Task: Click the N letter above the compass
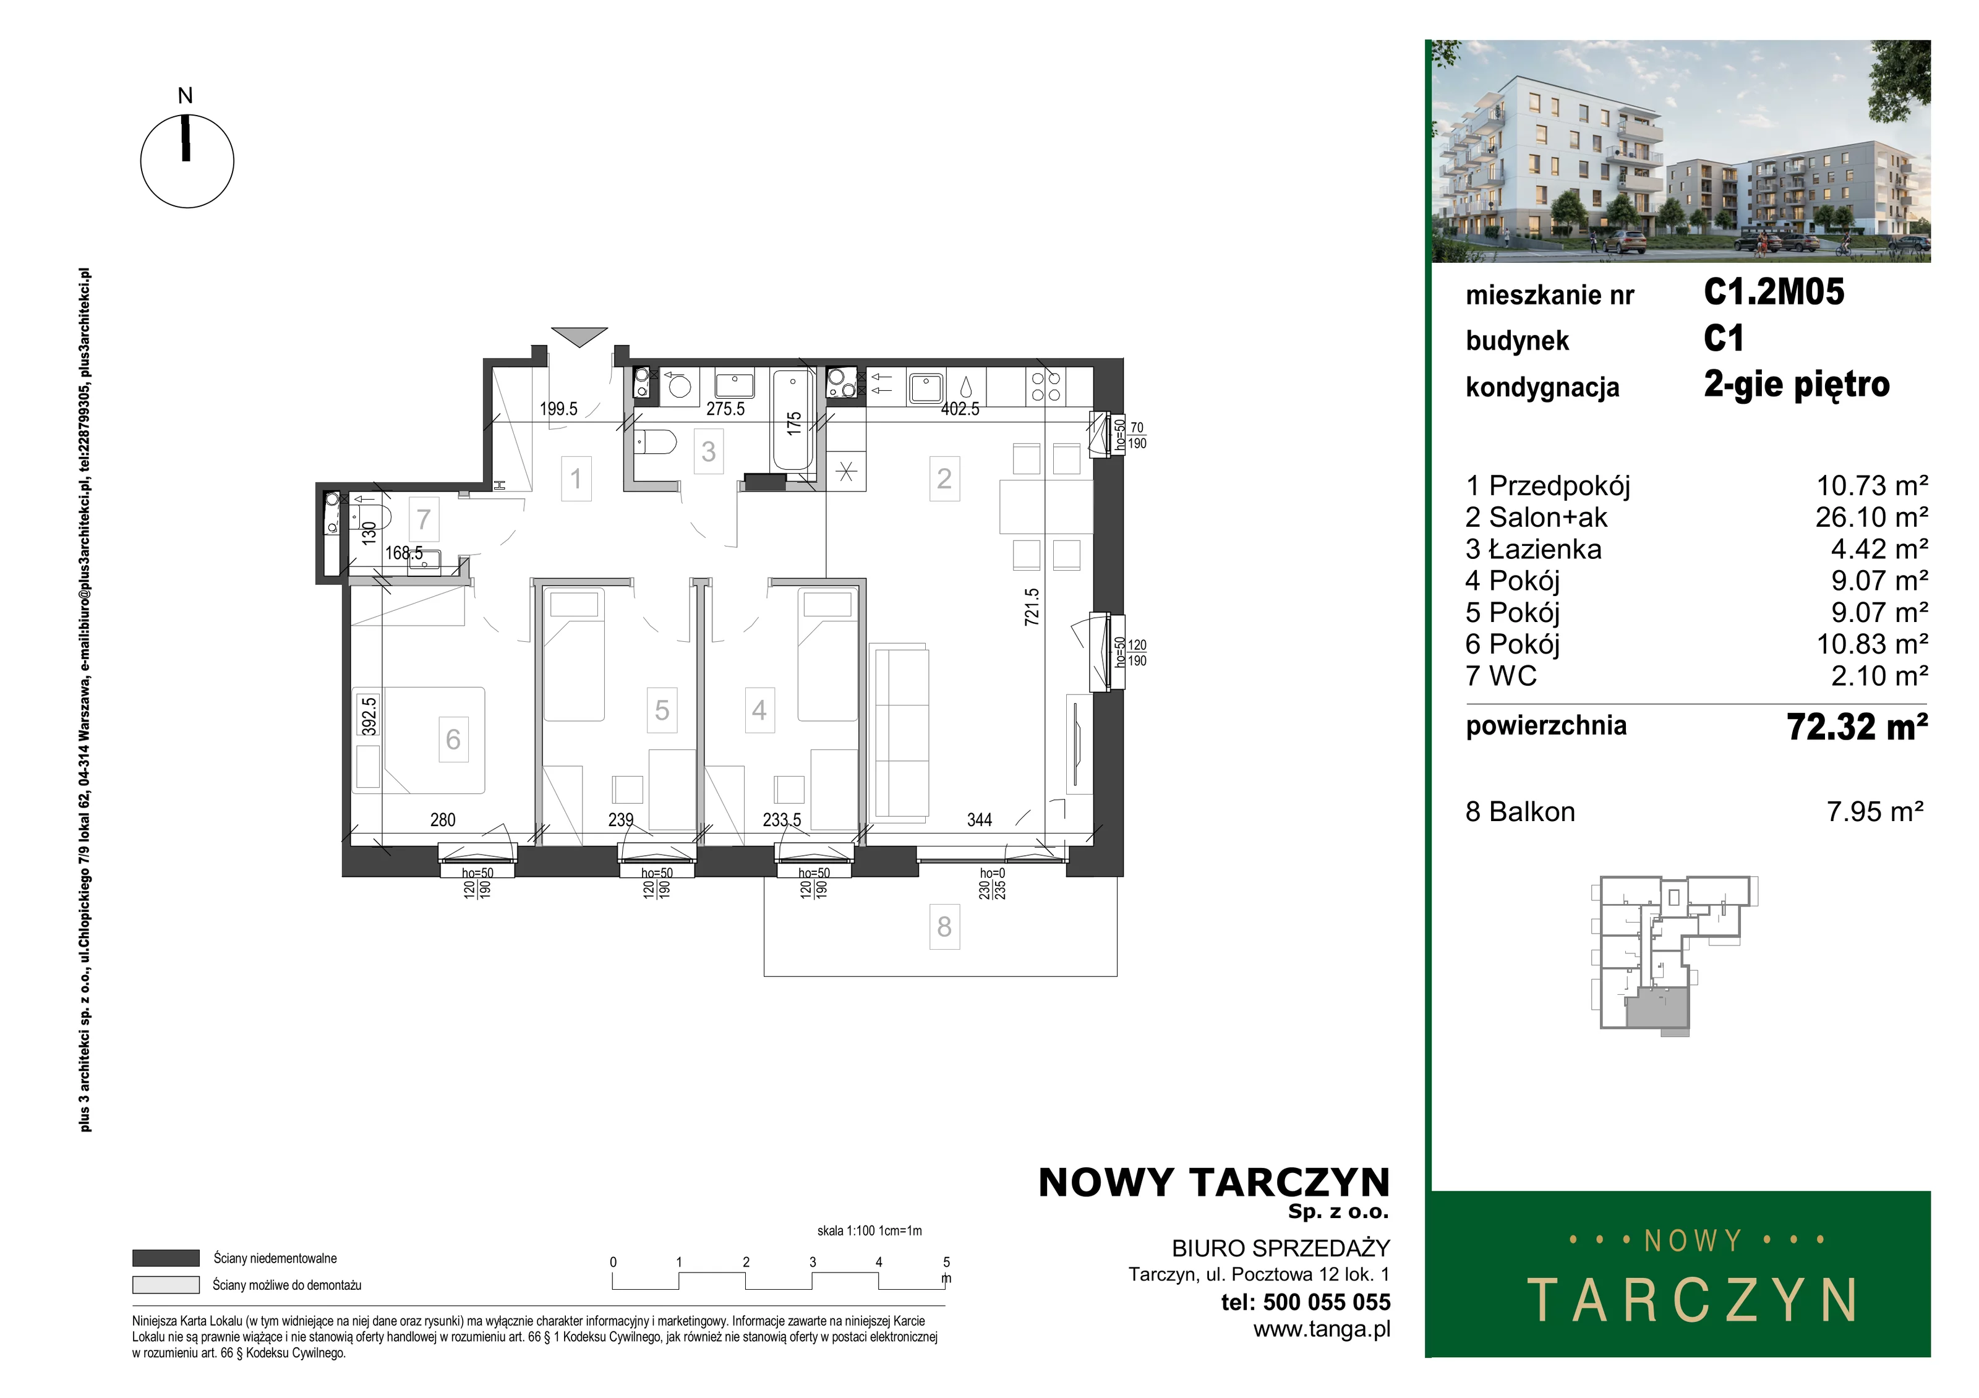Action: (x=186, y=96)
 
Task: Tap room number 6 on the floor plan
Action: (x=453, y=739)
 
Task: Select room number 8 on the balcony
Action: (x=945, y=927)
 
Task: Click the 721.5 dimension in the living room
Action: (x=1032, y=607)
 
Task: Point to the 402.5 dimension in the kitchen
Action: (x=960, y=409)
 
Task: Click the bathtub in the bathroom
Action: (x=793, y=420)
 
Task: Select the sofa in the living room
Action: (x=900, y=731)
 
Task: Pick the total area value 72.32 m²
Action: (x=1857, y=727)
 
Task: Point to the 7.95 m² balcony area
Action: (x=1874, y=812)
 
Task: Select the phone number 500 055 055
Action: (x=1327, y=1302)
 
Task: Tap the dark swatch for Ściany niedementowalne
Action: (x=166, y=1258)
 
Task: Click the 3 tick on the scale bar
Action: (x=812, y=1262)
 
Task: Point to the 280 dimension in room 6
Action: (x=442, y=820)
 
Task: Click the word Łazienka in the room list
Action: (x=1545, y=549)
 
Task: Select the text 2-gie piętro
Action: (x=1797, y=385)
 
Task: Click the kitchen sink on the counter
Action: (x=926, y=388)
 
